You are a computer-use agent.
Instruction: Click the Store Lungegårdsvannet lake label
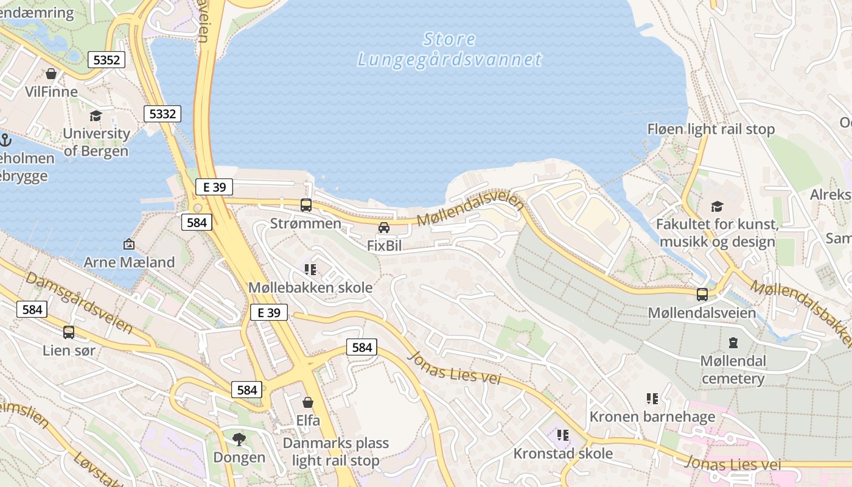pyautogui.click(x=449, y=49)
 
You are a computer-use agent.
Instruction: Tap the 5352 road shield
pyautogui.click(x=106, y=59)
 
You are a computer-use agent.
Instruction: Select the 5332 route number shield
pyautogui.click(x=162, y=114)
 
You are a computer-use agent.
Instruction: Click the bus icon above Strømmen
pyautogui.click(x=306, y=205)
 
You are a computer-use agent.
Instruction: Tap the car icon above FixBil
pyautogui.click(x=384, y=228)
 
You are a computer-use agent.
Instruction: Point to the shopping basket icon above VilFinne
pyautogui.click(x=51, y=74)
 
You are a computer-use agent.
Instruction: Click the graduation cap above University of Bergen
pyautogui.click(x=96, y=116)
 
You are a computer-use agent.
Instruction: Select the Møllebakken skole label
pyautogui.click(x=310, y=287)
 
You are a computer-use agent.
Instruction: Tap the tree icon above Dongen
pyautogui.click(x=239, y=439)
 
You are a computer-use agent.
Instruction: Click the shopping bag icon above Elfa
pyautogui.click(x=308, y=402)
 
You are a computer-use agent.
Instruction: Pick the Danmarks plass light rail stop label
pyautogui.click(x=335, y=452)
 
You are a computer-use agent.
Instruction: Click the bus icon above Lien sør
pyautogui.click(x=69, y=332)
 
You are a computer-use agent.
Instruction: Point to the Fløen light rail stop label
pyautogui.click(x=711, y=129)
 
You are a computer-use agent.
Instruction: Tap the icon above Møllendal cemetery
pyautogui.click(x=733, y=343)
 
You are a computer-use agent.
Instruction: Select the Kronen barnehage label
pyautogui.click(x=652, y=417)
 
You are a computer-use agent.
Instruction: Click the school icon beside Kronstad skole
pyautogui.click(x=563, y=435)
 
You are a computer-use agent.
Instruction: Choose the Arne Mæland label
pyautogui.click(x=129, y=262)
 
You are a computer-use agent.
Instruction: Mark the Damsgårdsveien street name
pyautogui.click(x=79, y=302)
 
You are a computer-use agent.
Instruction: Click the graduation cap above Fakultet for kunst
pyautogui.click(x=717, y=207)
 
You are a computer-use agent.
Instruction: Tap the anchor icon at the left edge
pyautogui.click(x=5, y=140)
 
